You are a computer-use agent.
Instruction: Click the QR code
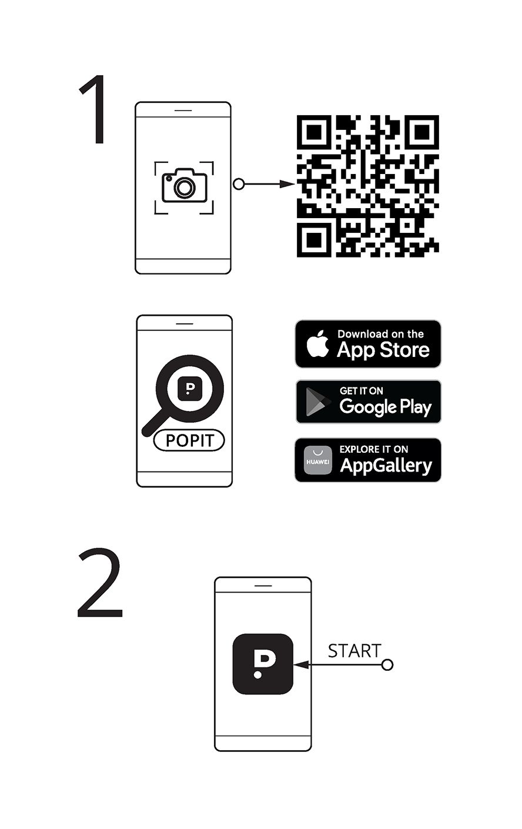368,186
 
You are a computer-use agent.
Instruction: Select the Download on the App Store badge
368,344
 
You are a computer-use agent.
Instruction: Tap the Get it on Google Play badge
369,402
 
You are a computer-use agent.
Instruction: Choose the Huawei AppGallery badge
368,460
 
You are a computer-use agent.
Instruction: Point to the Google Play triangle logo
317,402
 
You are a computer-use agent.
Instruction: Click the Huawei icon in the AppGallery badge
318,460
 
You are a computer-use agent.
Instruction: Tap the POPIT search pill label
189,440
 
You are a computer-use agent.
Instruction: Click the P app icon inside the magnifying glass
190,389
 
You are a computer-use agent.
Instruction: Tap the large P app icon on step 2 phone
263,664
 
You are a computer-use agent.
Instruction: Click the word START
354,651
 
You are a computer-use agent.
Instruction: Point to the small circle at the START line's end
387,665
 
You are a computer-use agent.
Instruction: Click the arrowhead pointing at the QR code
287,184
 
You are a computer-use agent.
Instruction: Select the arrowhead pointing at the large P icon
301,665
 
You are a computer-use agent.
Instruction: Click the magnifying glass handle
155,422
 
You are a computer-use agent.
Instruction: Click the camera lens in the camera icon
185,188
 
